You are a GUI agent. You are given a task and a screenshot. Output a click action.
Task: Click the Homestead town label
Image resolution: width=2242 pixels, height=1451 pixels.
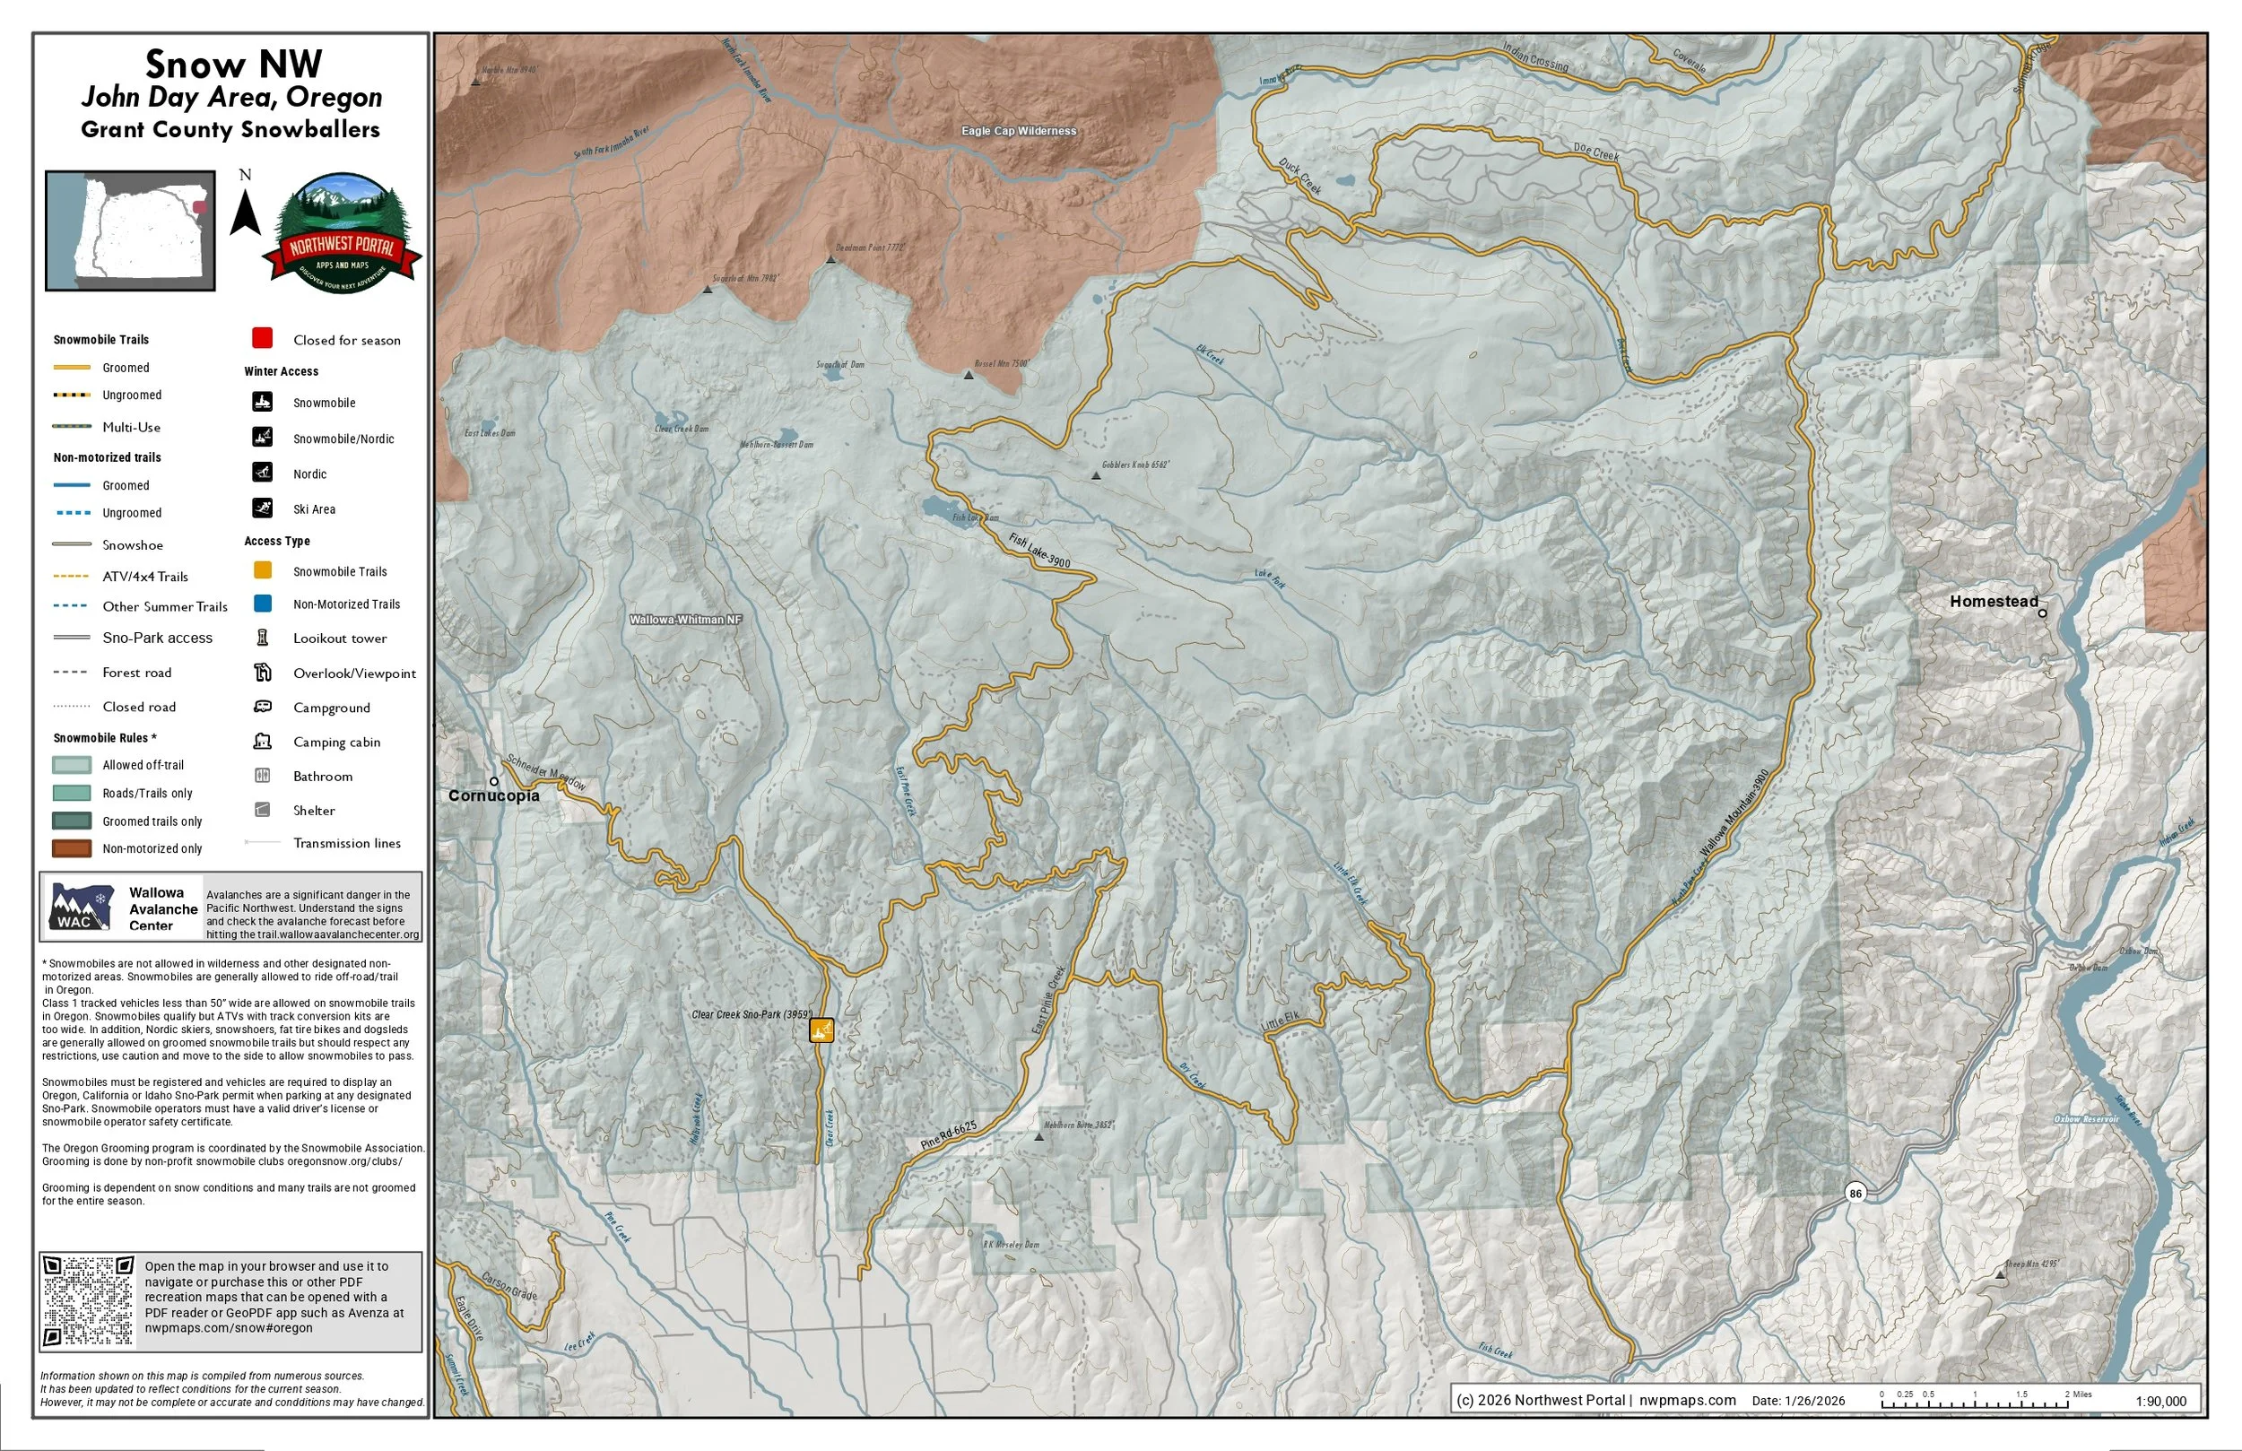tap(1994, 601)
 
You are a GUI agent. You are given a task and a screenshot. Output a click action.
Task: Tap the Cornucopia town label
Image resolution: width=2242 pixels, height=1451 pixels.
tap(493, 795)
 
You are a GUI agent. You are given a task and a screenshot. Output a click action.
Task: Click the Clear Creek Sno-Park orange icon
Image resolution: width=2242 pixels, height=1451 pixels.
tap(821, 1030)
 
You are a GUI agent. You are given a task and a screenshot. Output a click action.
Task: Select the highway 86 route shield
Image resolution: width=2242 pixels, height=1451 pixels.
tap(1855, 1193)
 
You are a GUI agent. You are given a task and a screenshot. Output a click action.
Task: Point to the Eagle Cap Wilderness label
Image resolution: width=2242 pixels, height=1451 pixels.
tap(1019, 131)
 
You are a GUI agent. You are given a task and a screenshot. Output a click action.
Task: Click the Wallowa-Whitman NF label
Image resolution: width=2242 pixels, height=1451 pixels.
tap(685, 620)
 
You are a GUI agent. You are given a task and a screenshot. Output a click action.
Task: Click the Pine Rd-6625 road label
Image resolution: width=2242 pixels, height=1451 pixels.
tap(949, 1134)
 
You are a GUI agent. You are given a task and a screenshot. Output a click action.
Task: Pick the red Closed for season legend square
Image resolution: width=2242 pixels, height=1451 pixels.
tap(263, 338)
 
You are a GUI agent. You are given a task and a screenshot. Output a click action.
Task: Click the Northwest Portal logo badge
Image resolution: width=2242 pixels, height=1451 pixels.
tap(341, 233)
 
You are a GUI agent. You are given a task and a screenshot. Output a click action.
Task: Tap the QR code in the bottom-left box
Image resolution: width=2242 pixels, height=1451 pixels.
tap(90, 1301)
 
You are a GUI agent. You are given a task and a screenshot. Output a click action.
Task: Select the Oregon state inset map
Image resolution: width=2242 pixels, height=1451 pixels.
tap(131, 230)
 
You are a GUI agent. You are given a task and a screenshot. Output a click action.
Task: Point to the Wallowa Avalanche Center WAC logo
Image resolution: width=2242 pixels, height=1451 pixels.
tap(82, 908)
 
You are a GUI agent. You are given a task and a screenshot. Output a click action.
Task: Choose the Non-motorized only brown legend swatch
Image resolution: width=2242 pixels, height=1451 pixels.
tap(72, 848)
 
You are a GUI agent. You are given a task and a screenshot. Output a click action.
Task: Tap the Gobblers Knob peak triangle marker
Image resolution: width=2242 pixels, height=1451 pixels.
tap(1096, 476)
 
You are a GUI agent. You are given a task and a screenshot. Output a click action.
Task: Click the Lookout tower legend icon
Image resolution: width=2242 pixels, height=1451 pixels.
tap(263, 638)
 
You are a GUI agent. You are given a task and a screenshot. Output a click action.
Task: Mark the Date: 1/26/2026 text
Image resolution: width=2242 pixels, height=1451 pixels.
tap(1797, 1401)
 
